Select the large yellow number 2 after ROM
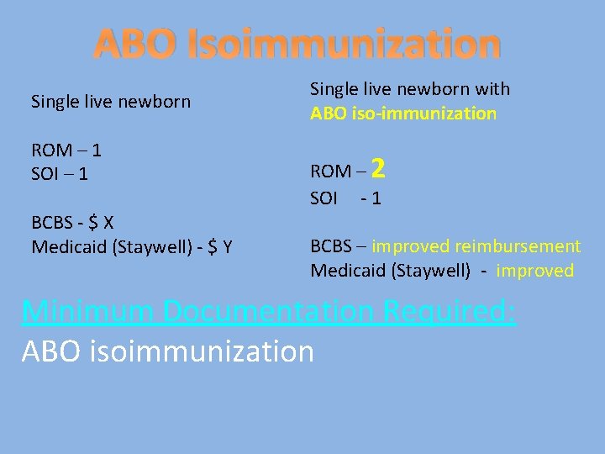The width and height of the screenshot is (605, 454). point(378,170)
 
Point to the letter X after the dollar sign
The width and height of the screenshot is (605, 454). point(108,223)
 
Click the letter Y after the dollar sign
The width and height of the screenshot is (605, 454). point(227,246)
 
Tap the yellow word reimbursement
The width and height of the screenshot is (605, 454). point(519,246)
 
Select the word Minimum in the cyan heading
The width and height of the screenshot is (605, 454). point(90,311)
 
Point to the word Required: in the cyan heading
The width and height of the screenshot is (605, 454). point(450,311)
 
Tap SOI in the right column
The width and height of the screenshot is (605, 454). point(324,198)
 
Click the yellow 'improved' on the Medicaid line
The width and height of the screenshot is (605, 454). point(534,271)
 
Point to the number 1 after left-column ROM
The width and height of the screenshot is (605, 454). point(97,150)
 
